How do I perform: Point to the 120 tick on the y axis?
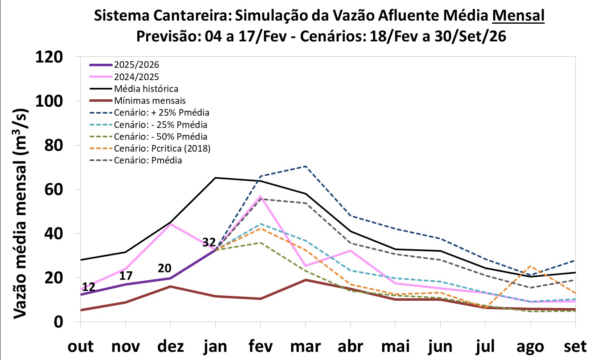click(x=49, y=57)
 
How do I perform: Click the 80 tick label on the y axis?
click(x=54, y=145)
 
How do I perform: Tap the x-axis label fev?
click(x=260, y=346)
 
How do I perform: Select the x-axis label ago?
click(x=530, y=347)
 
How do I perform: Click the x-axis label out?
click(x=81, y=346)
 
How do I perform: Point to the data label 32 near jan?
click(x=209, y=242)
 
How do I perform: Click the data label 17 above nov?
click(x=125, y=276)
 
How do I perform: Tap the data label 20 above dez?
click(x=164, y=268)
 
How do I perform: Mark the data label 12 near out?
click(x=89, y=287)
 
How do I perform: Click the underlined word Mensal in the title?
click(x=518, y=16)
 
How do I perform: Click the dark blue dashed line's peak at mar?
click(x=305, y=166)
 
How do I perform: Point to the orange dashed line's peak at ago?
click(x=530, y=266)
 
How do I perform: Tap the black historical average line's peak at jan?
click(x=215, y=178)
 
